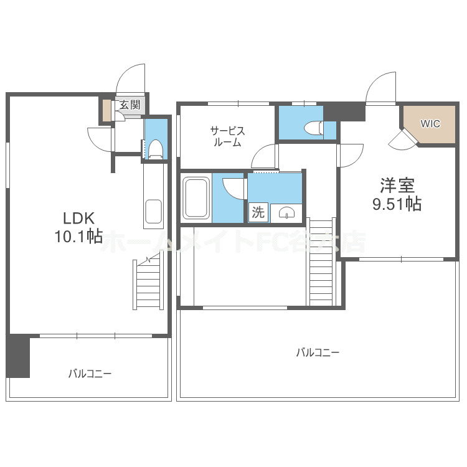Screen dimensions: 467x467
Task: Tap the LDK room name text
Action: pyautogui.click(x=78, y=219)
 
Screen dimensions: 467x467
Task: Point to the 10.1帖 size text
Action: pyautogui.click(x=78, y=237)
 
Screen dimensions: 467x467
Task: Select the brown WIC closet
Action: pyautogui.click(x=429, y=123)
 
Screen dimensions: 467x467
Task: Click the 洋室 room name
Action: pyautogui.click(x=397, y=186)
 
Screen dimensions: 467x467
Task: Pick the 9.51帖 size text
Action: pyautogui.click(x=397, y=204)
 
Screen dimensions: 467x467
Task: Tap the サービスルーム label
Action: pyautogui.click(x=227, y=136)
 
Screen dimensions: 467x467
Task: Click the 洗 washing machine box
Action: pyautogui.click(x=258, y=212)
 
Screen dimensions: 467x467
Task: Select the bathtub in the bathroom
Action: pyautogui.click(x=196, y=197)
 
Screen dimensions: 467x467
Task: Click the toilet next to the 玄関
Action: pyautogui.click(x=156, y=148)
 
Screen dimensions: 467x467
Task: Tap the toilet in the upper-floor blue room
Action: pyautogui.click(x=311, y=128)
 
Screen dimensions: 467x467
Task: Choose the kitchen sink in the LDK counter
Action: pyautogui.click(x=153, y=214)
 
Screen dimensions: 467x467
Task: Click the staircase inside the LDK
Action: pyautogui.click(x=149, y=284)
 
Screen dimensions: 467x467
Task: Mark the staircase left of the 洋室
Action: pyautogui.click(x=321, y=262)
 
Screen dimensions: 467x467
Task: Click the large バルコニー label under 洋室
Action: pyautogui.click(x=318, y=352)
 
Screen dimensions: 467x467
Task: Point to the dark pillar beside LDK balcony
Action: pyautogui.click(x=19, y=356)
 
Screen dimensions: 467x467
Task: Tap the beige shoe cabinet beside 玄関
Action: pyautogui.click(x=107, y=110)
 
